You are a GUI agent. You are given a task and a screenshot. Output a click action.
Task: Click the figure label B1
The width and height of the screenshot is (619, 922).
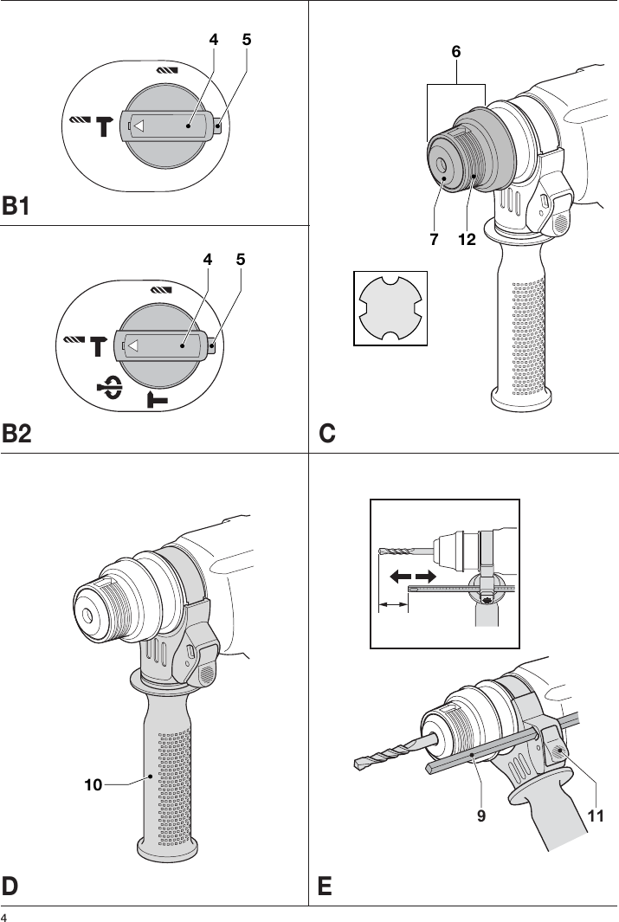(16, 207)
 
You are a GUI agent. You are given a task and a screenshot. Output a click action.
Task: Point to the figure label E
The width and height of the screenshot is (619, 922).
(326, 887)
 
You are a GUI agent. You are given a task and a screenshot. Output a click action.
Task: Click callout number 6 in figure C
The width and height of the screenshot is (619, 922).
(455, 53)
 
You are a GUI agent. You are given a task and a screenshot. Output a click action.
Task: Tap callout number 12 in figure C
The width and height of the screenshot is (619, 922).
(467, 240)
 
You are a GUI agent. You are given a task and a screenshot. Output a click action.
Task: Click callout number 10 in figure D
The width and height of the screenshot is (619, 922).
(93, 784)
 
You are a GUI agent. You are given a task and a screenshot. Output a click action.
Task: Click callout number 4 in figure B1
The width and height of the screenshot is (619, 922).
(212, 40)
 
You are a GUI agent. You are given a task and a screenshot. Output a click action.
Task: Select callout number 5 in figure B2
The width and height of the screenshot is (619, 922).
(241, 259)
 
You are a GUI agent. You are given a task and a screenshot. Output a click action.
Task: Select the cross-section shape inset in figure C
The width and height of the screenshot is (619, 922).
(390, 307)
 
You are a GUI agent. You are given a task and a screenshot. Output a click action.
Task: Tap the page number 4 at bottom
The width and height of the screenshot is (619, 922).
(4, 916)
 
